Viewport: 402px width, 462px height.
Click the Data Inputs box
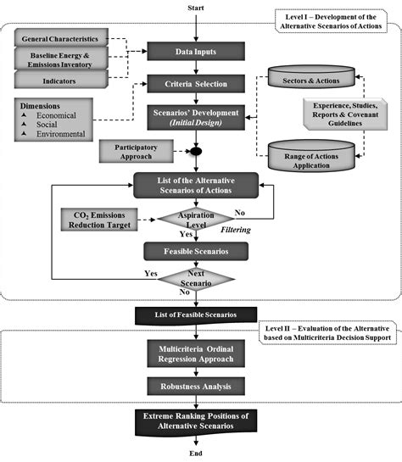pos(196,51)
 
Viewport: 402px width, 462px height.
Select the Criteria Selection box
pos(196,84)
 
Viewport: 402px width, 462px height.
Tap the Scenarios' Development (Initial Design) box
pos(196,117)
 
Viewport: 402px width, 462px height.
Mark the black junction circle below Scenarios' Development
pos(195,153)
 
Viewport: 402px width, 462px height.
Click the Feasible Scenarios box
pos(196,251)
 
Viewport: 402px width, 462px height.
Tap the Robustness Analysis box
pos(196,387)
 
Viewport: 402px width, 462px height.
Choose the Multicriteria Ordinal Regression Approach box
pos(196,354)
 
